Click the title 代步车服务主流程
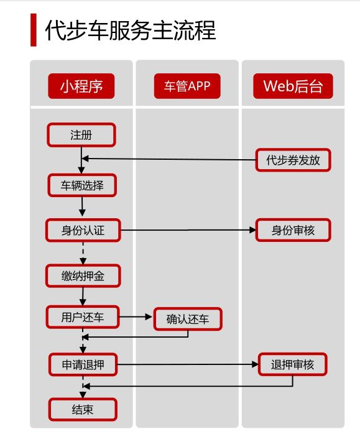[131, 30]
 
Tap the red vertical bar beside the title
[34, 30]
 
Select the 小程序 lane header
[81, 86]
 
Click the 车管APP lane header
[187, 86]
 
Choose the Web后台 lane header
[293, 86]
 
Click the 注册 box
[81, 135]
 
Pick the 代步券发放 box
[293, 160]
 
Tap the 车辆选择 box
[82, 185]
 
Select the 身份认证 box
[83, 230]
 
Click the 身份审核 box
[293, 230]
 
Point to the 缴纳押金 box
[83, 276]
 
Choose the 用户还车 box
[83, 317]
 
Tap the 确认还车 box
[188, 319]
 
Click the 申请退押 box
[83, 365]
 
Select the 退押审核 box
[293, 364]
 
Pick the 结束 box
[83, 410]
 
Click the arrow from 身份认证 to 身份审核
[188, 230]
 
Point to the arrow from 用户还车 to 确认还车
[136, 317]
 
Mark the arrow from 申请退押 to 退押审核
[188, 364]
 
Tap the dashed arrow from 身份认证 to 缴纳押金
[83, 253]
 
